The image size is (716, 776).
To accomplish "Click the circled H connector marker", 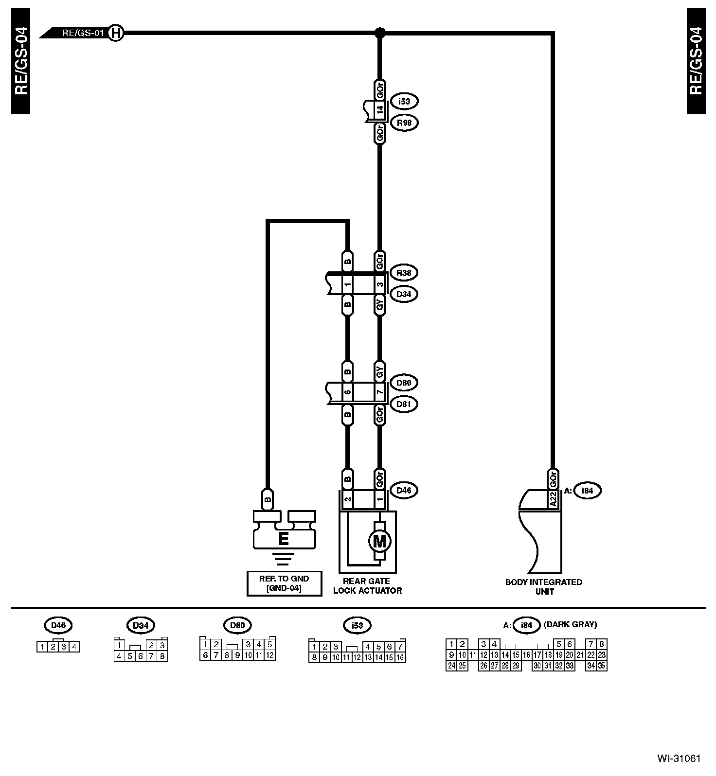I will pyautogui.click(x=115, y=34).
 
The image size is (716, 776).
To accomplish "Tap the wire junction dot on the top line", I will pyautogui.click(x=380, y=33).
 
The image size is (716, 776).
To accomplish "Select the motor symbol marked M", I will pyautogui.click(x=379, y=541).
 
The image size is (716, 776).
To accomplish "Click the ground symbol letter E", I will pyautogui.click(x=283, y=539).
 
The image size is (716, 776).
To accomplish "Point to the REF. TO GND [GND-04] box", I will pyautogui.click(x=284, y=583).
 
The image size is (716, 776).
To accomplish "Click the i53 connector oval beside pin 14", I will pyautogui.click(x=404, y=102).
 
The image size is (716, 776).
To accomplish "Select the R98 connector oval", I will pyautogui.click(x=404, y=123).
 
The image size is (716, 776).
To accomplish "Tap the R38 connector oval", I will pyautogui.click(x=404, y=273).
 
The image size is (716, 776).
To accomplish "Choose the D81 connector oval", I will pyautogui.click(x=404, y=404).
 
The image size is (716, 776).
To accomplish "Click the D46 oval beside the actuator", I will pyautogui.click(x=404, y=490).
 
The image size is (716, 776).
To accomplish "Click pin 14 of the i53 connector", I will pyautogui.click(x=380, y=109).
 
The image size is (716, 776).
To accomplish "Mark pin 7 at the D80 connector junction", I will pyautogui.click(x=380, y=392).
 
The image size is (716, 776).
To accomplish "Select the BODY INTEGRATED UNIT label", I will pyautogui.click(x=543, y=587).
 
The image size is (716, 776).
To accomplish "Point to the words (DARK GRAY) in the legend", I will pyautogui.click(x=570, y=625).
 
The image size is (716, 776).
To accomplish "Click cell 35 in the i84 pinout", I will pyautogui.click(x=602, y=666).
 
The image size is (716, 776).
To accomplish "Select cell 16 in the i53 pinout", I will pyautogui.click(x=400, y=657).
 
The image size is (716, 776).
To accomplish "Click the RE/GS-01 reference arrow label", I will pyautogui.click(x=83, y=34).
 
